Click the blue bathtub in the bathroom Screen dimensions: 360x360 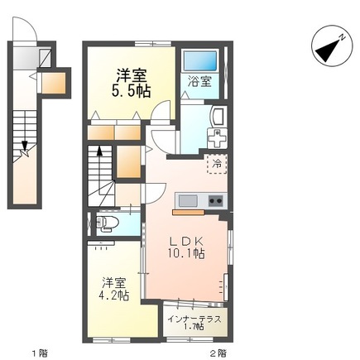point(199,60)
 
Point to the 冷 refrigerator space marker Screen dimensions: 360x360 point(217,162)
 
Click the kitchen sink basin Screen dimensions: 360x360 point(187,200)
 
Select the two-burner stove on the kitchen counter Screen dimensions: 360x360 point(216,200)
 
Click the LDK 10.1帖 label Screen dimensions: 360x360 point(187,247)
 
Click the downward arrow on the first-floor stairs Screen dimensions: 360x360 point(26,147)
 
